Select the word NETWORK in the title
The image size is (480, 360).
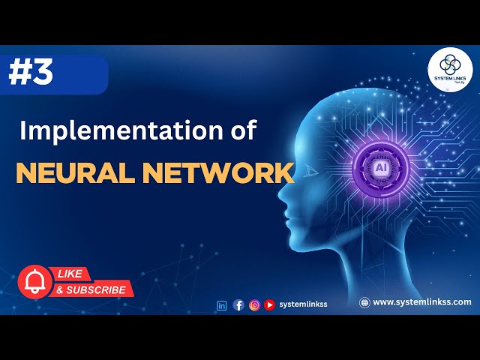(x=218, y=172)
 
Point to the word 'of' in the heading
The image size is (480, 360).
(x=241, y=130)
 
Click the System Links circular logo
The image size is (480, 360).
(x=450, y=70)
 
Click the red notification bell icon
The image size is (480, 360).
(x=33, y=281)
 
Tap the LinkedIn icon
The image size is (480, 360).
(x=221, y=304)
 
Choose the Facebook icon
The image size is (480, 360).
(x=238, y=304)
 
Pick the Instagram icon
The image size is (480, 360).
(x=254, y=304)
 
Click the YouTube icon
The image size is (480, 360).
(x=269, y=304)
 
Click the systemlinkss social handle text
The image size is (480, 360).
(x=303, y=304)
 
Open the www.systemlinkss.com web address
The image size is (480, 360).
(x=422, y=302)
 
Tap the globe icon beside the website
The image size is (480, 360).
(x=364, y=302)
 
